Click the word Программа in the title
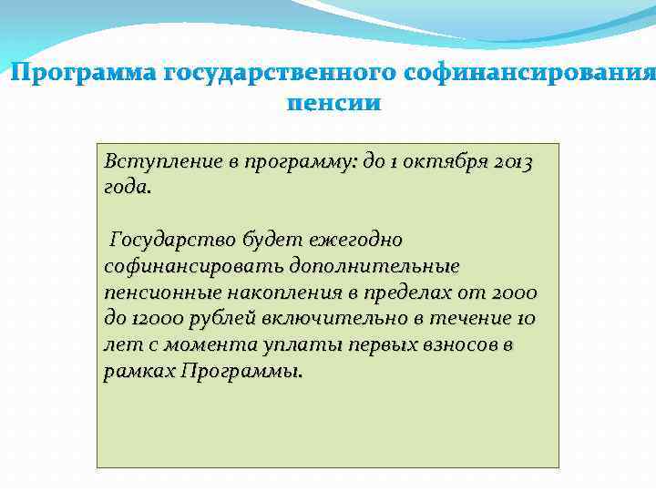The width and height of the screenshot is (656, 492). pyautogui.click(x=83, y=72)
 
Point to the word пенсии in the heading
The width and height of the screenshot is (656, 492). pyautogui.click(x=333, y=102)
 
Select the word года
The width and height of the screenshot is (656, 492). pyautogui.click(x=128, y=188)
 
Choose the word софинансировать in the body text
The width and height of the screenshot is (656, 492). pyautogui.click(x=194, y=267)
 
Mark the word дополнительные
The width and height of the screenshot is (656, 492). pyautogui.click(x=374, y=267)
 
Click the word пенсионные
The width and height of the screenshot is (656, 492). pyautogui.click(x=153, y=293)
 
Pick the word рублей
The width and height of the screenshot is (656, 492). pyautogui.click(x=225, y=320)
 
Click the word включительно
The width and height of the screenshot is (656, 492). pyautogui.click(x=335, y=320)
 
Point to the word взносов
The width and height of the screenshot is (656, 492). pyautogui.click(x=454, y=346)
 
